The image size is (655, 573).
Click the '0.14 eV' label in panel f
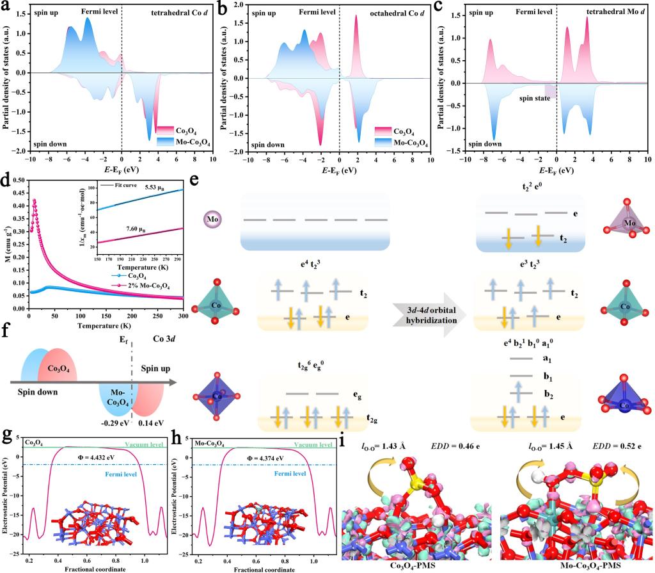pyautogui.click(x=152, y=423)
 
